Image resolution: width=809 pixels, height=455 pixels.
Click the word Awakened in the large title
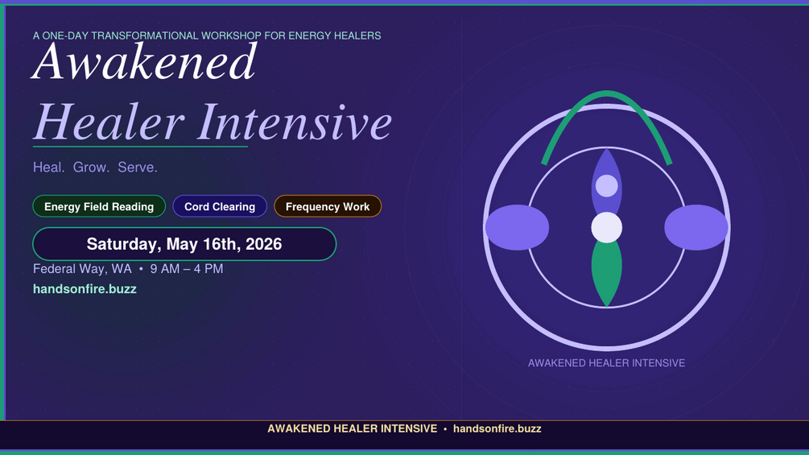pyautogui.click(x=144, y=62)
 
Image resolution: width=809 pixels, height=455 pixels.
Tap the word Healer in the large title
pyautogui.click(x=109, y=122)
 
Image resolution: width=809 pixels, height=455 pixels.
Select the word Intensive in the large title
pyautogui.click(x=295, y=122)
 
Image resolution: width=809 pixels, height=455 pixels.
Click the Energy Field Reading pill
pyautogui.click(x=99, y=206)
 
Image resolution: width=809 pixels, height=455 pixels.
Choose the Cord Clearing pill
pyautogui.click(x=220, y=206)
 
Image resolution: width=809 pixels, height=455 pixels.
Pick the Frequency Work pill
pyautogui.click(x=328, y=206)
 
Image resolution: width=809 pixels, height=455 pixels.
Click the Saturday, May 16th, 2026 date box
pyautogui.click(x=184, y=244)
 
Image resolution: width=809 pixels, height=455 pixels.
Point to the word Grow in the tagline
pyautogui.click(x=91, y=168)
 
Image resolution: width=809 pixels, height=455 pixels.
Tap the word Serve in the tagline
pyautogui.click(x=137, y=168)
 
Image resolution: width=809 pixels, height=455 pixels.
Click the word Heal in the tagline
pyautogui.click(x=48, y=168)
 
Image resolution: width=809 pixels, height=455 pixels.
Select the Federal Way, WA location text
pyautogui.click(x=82, y=269)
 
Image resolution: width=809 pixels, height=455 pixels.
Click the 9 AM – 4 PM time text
pyautogui.click(x=187, y=269)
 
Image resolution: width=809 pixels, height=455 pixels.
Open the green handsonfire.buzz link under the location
pyautogui.click(x=85, y=289)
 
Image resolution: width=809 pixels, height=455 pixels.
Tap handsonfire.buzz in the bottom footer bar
pyautogui.click(x=497, y=428)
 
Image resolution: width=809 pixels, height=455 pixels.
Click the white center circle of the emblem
pyautogui.click(x=607, y=227)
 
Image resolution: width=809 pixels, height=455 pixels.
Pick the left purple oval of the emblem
pyautogui.click(x=517, y=227)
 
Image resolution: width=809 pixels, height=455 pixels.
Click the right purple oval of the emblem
pyautogui.click(x=696, y=227)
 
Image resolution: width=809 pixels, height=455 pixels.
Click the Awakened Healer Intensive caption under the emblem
pyautogui.click(x=607, y=363)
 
